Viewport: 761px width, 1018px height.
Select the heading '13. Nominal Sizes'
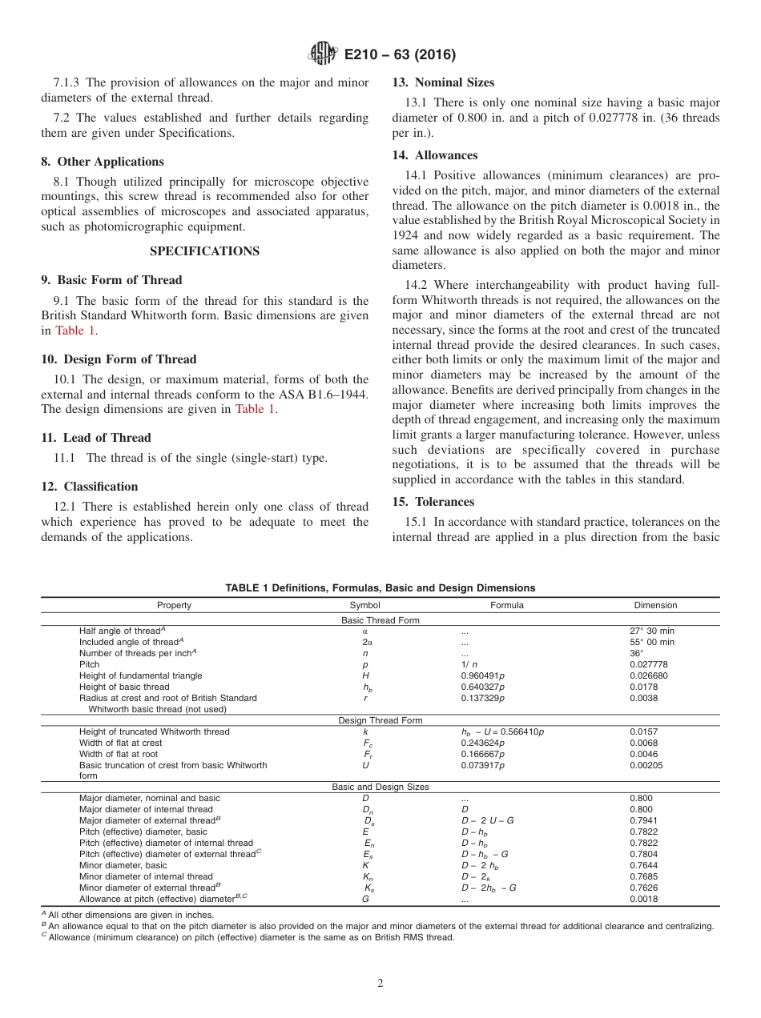click(x=443, y=82)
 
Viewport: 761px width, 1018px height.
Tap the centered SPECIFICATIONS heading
click(x=204, y=250)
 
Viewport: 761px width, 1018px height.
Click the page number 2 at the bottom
click(x=380, y=984)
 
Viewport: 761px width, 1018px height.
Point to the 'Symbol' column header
click(x=365, y=605)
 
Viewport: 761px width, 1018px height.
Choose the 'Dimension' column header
click(x=655, y=605)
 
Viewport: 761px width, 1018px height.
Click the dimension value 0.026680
click(x=649, y=675)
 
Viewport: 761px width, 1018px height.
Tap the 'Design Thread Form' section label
click(x=380, y=720)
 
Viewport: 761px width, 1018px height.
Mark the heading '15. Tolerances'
click(x=433, y=502)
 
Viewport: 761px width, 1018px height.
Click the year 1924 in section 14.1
click(x=405, y=235)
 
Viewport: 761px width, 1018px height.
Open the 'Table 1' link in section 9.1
click(x=74, y=331)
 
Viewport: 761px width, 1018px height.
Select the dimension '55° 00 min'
click(x=652, y=642)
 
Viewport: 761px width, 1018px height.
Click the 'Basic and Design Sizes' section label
click(x=380, y=787)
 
